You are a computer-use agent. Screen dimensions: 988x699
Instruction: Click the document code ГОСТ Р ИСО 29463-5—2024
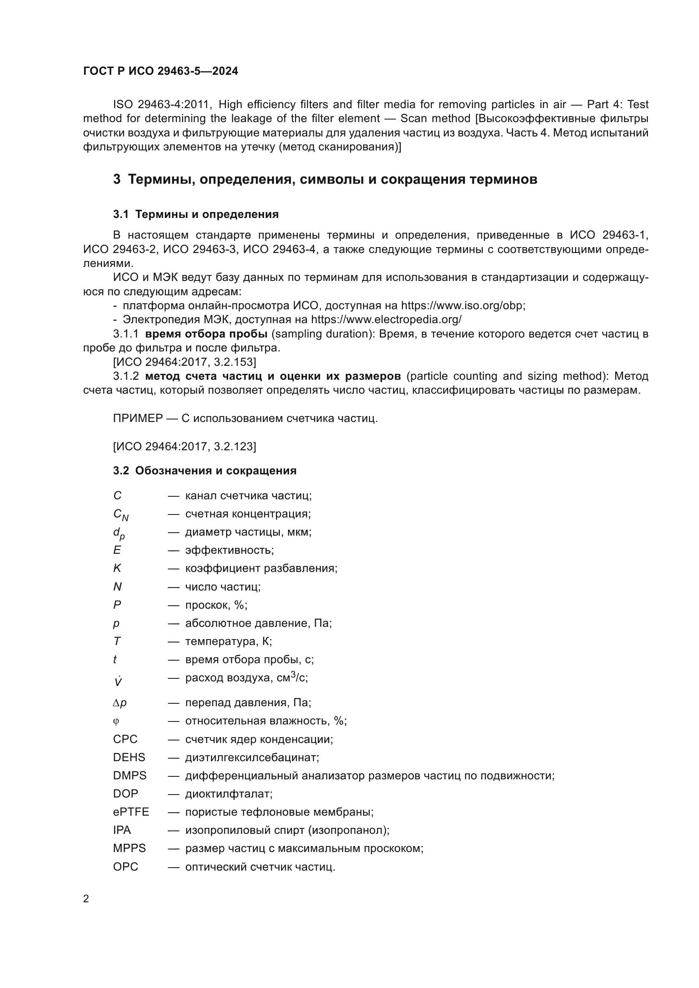(161, 71)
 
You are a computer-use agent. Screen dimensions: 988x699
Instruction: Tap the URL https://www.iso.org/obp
(463, 306)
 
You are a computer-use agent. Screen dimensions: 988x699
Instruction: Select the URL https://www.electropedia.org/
(386, 320)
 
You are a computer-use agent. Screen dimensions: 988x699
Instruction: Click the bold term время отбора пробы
(206, 334)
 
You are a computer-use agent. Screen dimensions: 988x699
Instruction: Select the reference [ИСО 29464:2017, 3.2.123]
(184, 446)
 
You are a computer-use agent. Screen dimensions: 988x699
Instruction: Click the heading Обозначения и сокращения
(216, 471)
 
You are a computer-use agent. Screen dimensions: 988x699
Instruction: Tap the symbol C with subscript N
(120, 514)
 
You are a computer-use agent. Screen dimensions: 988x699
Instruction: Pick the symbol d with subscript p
(119, 533)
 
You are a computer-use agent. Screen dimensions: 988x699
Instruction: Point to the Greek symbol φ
(116, 721)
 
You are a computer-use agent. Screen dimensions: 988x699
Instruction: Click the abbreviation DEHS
(129, 757)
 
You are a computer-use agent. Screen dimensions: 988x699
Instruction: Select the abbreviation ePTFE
(131, 812)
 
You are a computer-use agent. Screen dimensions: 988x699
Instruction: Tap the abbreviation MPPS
(129, 849)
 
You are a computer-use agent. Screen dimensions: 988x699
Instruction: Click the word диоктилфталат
(229, 794)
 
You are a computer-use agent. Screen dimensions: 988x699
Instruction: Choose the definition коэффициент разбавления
(261, 569)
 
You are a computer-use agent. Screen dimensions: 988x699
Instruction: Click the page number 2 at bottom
(86, 899)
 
